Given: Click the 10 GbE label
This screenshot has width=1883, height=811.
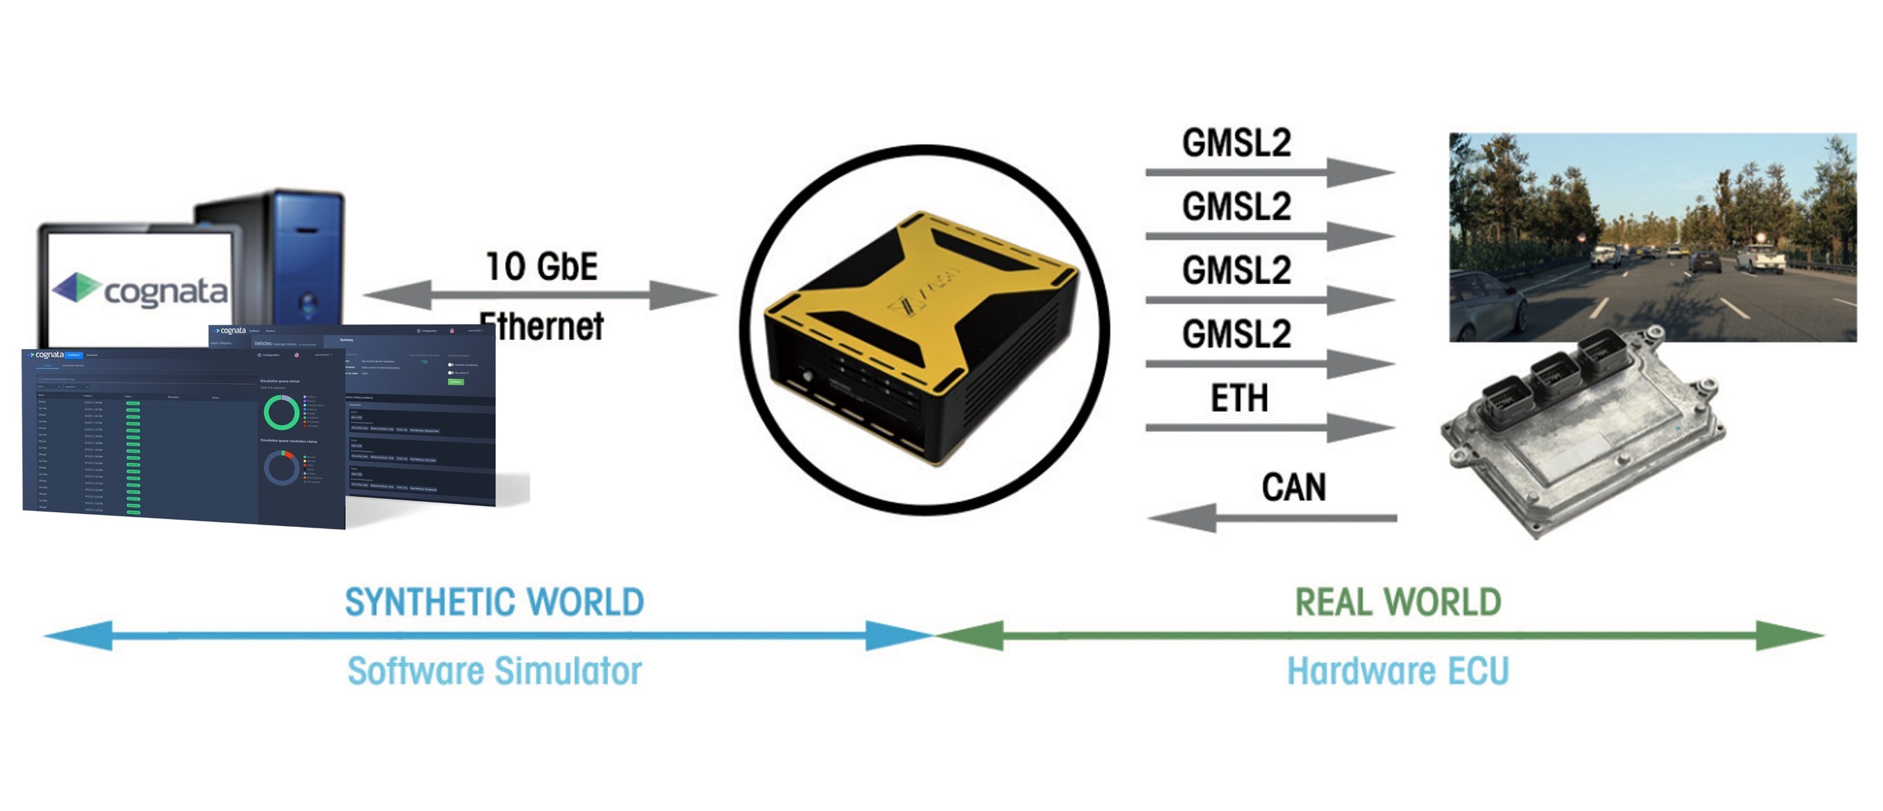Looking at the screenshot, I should pos(542,266).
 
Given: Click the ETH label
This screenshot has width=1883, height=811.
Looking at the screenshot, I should pos(1239,399).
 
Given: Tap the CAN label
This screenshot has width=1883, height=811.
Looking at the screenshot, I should pos(1293,487).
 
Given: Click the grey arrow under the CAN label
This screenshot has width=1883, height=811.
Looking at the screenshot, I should pos(1272,518).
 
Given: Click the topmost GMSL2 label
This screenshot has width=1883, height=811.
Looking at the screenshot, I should pos(1237,142).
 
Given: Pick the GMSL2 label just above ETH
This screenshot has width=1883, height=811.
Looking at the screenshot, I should pos(1237,334).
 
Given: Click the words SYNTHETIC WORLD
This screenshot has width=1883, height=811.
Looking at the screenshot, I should pos(494,602).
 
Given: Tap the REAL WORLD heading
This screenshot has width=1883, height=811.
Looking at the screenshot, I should pos(1398,602).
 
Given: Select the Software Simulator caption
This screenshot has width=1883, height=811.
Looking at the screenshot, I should pos(494,671).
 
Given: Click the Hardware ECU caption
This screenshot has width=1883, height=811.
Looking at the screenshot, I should pos(1398,671).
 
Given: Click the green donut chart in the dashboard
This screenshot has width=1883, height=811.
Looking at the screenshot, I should pos(280,412).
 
